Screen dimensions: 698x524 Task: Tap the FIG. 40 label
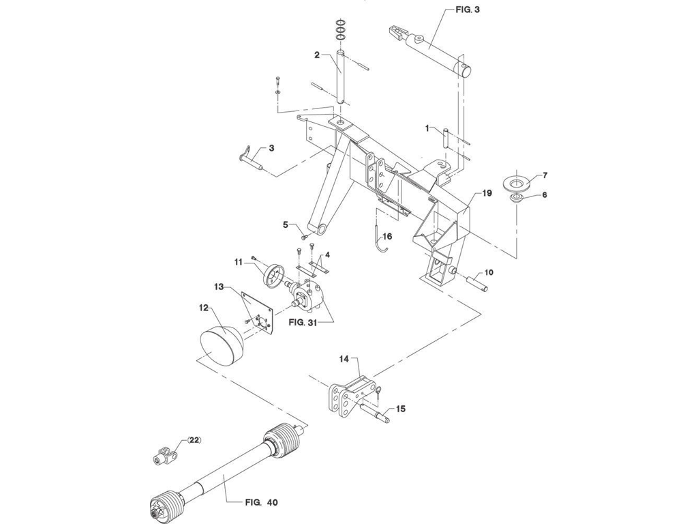coord(261,502)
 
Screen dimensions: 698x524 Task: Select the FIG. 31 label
coord(303,322)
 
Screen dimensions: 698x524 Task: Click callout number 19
coord(487,193)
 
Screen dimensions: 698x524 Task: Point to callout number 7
coord(545,175)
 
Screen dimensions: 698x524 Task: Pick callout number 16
coord(387,236)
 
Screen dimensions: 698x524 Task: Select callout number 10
coord(489,272)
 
